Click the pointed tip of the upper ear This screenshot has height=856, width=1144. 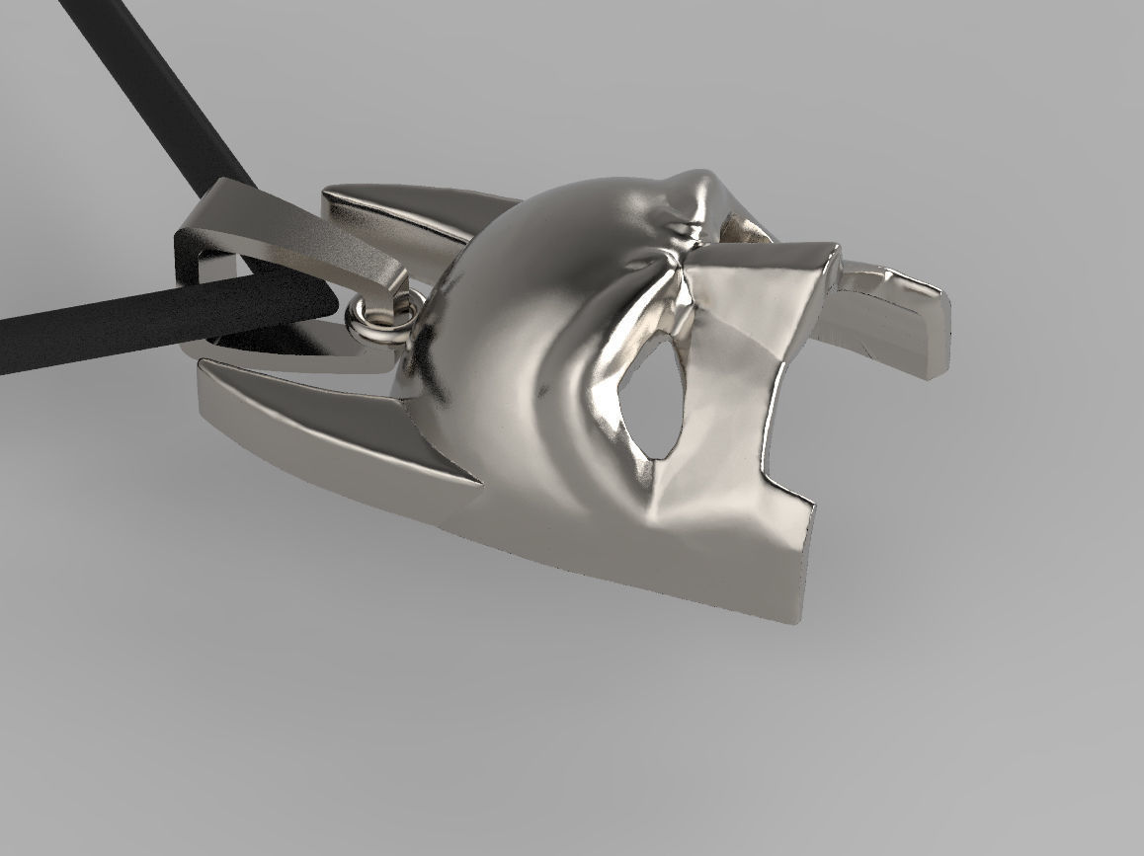(x=328, y=191)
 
